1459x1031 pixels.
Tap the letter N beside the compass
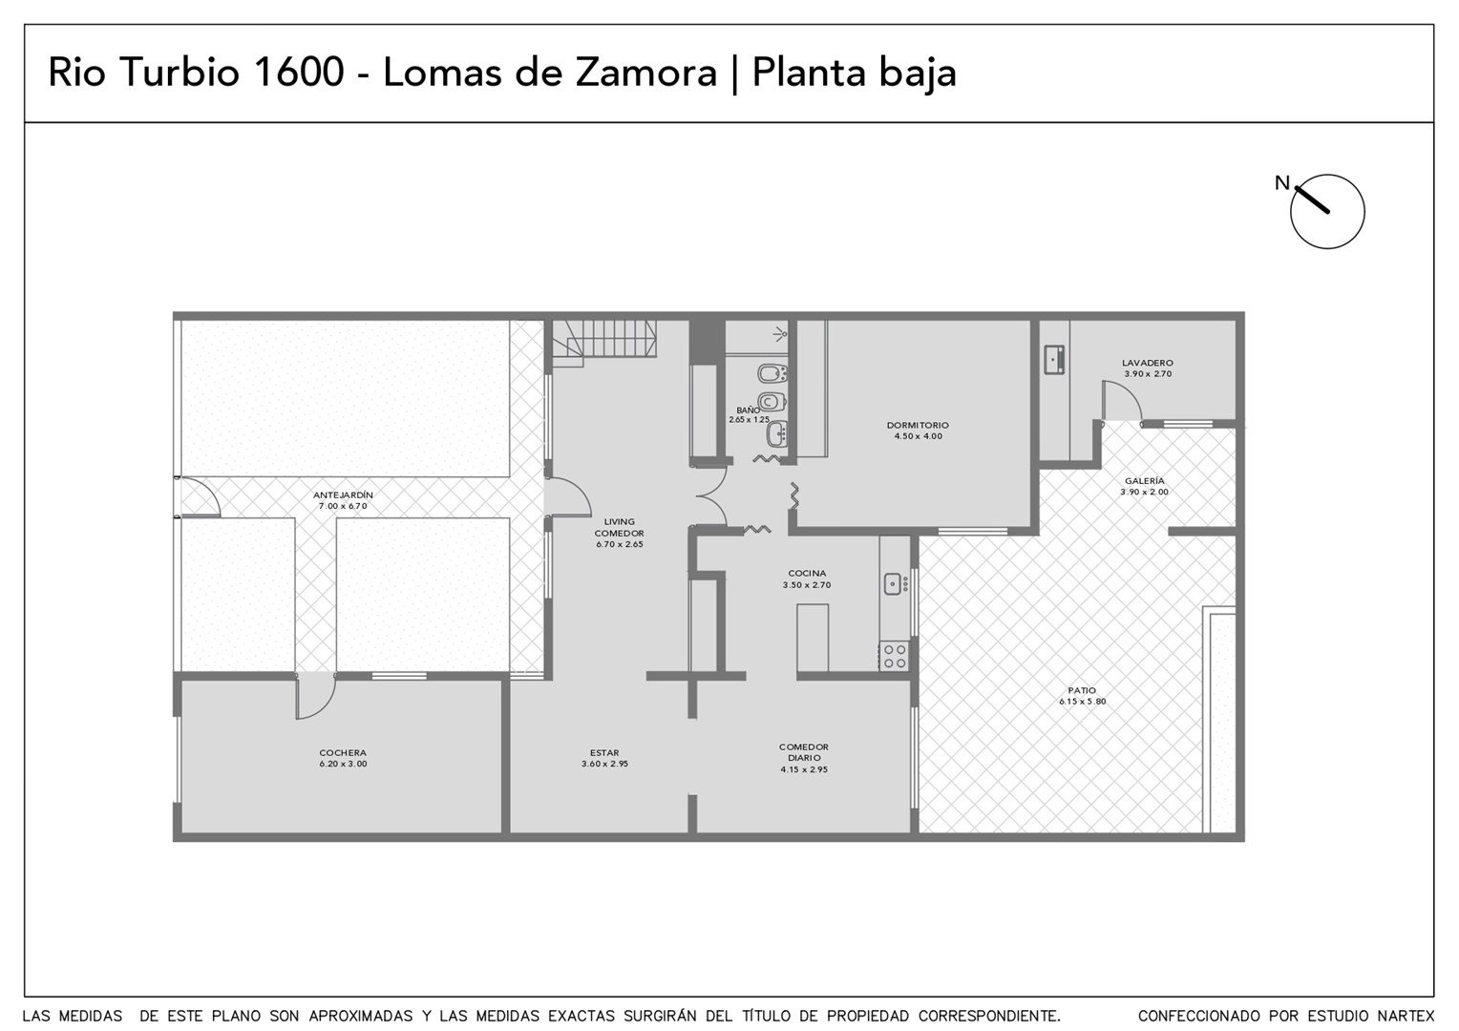point(1281,183)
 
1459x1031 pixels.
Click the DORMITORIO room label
point(917,426)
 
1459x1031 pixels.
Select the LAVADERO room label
point(1148,363)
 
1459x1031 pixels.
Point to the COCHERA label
point(343,753)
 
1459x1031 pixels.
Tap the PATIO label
point(1082,690)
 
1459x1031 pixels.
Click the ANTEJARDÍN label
point(343,494)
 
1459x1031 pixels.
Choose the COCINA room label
point(806,573)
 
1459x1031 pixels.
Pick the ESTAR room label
point(604,753)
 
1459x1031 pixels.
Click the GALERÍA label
point(1145,480)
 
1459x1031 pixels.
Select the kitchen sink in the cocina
point(893,583)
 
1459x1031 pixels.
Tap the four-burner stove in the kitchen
point(895,656)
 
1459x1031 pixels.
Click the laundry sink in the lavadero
point(1054,360)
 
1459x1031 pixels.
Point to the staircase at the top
point(603,340)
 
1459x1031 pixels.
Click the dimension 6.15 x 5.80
point(1082,702)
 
